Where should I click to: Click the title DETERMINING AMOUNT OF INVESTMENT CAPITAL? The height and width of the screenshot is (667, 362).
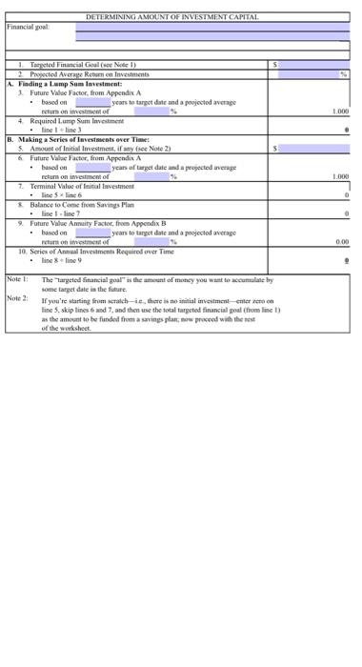coord(171,18)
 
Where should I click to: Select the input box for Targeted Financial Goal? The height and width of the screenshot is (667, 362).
coord(315,64)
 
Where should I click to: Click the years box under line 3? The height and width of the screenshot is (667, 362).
coord(93,102)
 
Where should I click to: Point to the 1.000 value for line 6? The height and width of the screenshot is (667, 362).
coord(338,176)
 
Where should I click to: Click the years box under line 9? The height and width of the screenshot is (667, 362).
coord(93,232)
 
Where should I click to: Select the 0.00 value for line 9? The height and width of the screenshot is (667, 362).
coord(340,241)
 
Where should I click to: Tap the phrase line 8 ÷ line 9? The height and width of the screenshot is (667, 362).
coord(68,259)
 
